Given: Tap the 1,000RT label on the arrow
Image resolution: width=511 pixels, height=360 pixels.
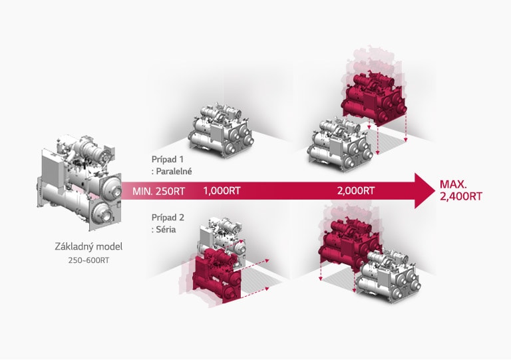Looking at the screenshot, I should coord(222,191).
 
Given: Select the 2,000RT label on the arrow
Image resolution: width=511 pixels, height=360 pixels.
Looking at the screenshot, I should coord(356,191).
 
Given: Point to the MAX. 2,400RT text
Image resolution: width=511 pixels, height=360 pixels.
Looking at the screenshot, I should coord(461,190).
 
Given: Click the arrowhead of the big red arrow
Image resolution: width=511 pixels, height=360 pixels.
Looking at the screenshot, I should coord(421,191).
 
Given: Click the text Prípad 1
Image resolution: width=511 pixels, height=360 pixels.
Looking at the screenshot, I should coord(168,160).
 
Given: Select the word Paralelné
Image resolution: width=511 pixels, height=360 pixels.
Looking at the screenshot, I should coord(174,172).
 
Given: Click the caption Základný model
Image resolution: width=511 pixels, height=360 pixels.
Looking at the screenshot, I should coord(88,247).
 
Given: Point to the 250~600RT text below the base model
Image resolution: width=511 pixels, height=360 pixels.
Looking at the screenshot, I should coord(88,260).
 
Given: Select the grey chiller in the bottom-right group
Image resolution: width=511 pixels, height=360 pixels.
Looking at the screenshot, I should coord(386,273).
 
